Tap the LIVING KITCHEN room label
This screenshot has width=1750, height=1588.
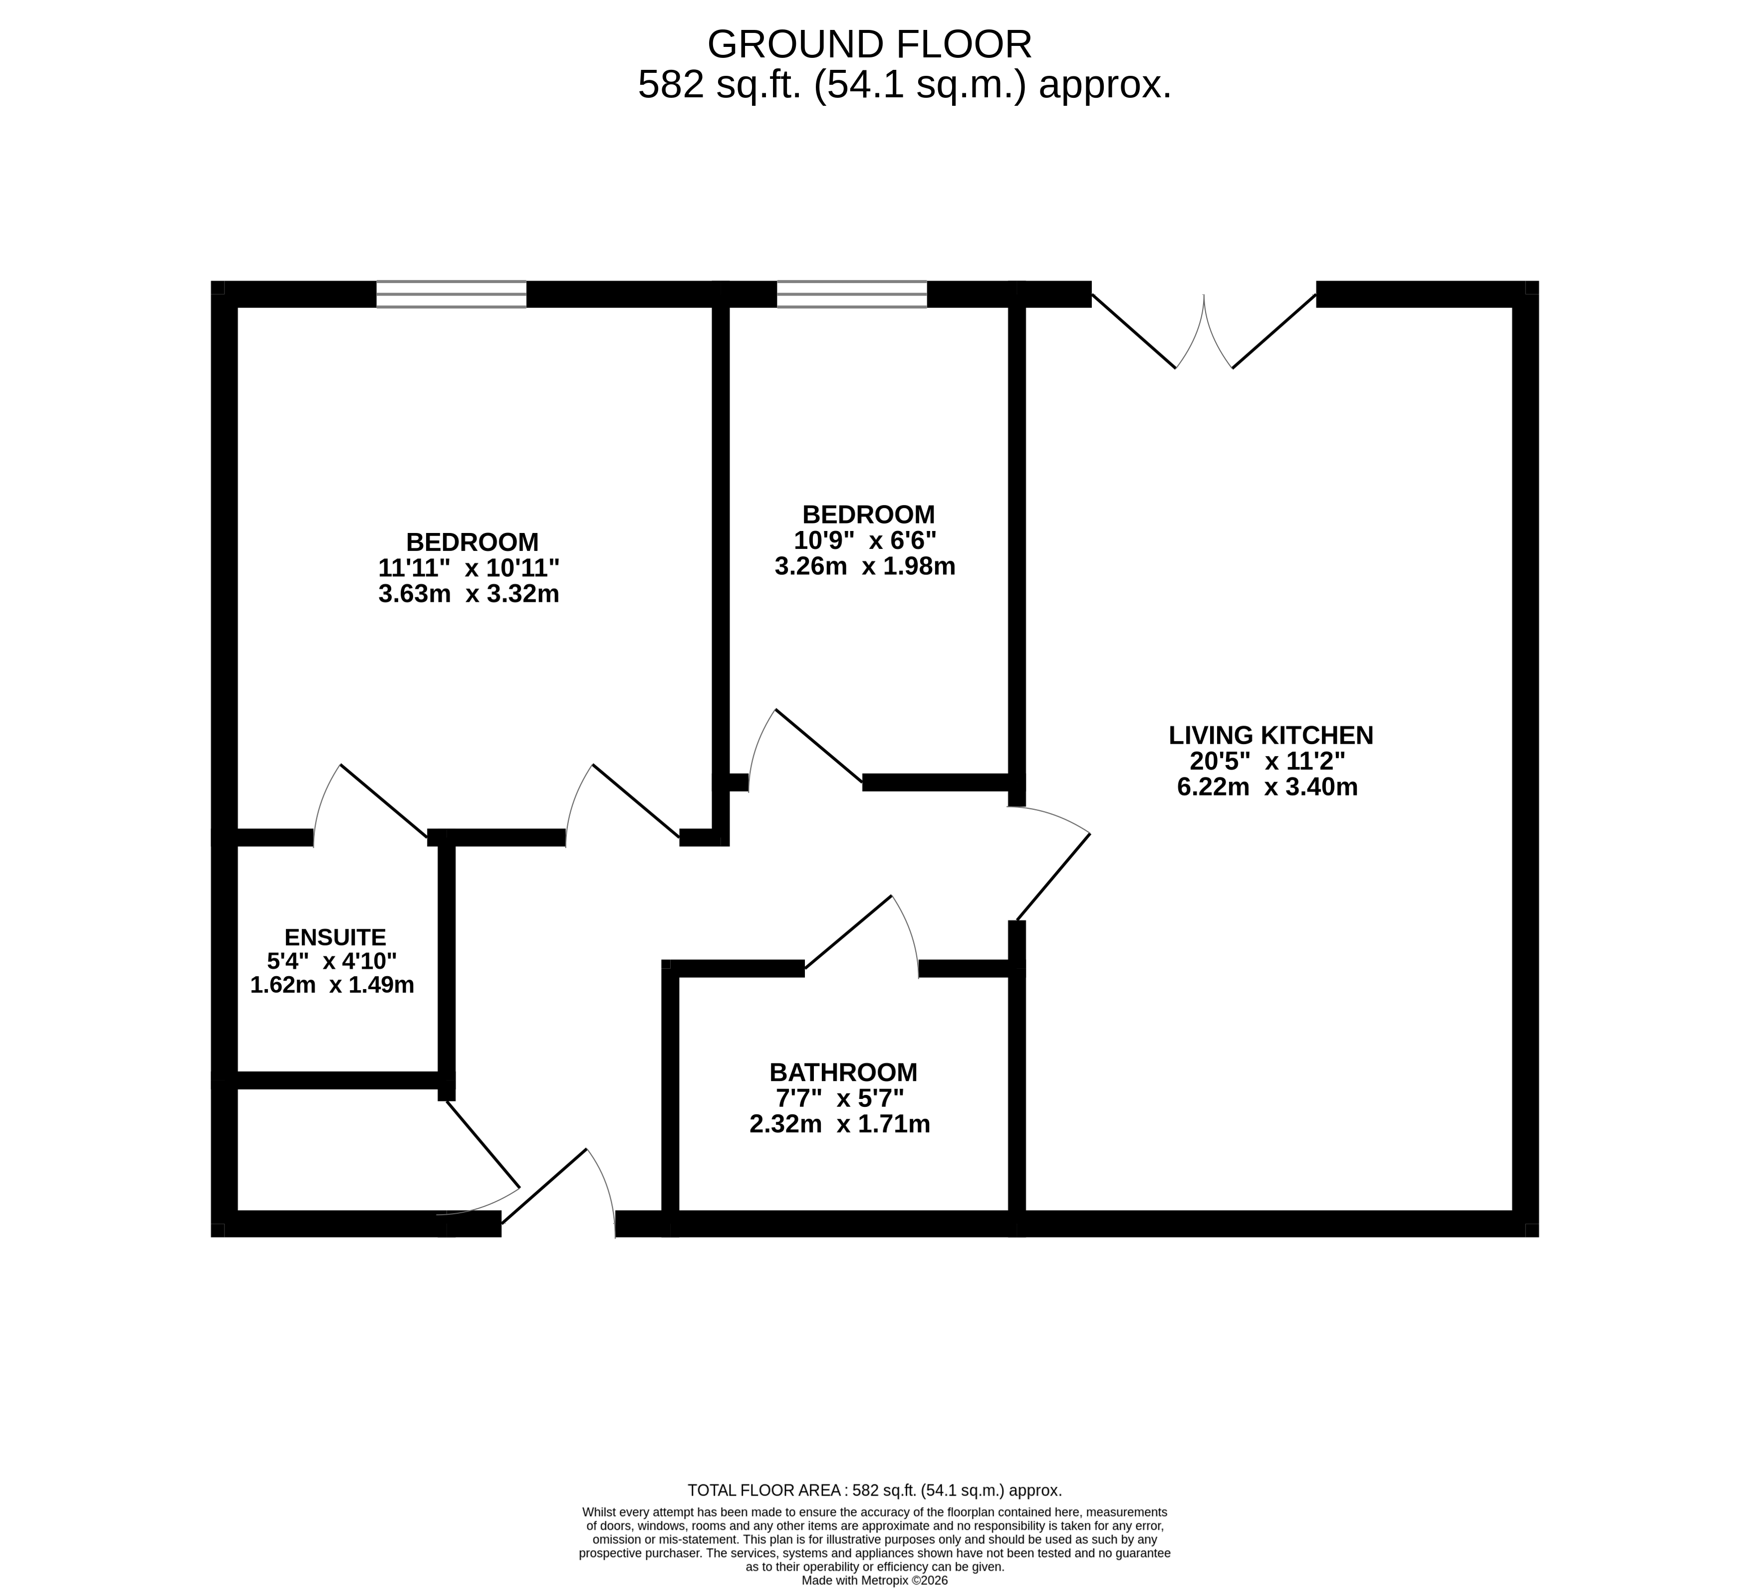click(1271, 736)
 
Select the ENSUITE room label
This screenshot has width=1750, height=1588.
click(335, 938)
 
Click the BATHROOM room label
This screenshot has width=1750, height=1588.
click(843, 1072)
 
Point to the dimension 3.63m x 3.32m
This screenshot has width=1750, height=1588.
click(469, 595)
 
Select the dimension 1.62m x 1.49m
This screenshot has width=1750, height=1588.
click(332, 986)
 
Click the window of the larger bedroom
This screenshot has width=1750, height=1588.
click(452, 294)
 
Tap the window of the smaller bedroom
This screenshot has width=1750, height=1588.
click(852, 294)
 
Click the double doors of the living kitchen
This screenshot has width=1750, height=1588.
click(1204, 330)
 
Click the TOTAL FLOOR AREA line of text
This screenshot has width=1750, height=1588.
click(874, 1491)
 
